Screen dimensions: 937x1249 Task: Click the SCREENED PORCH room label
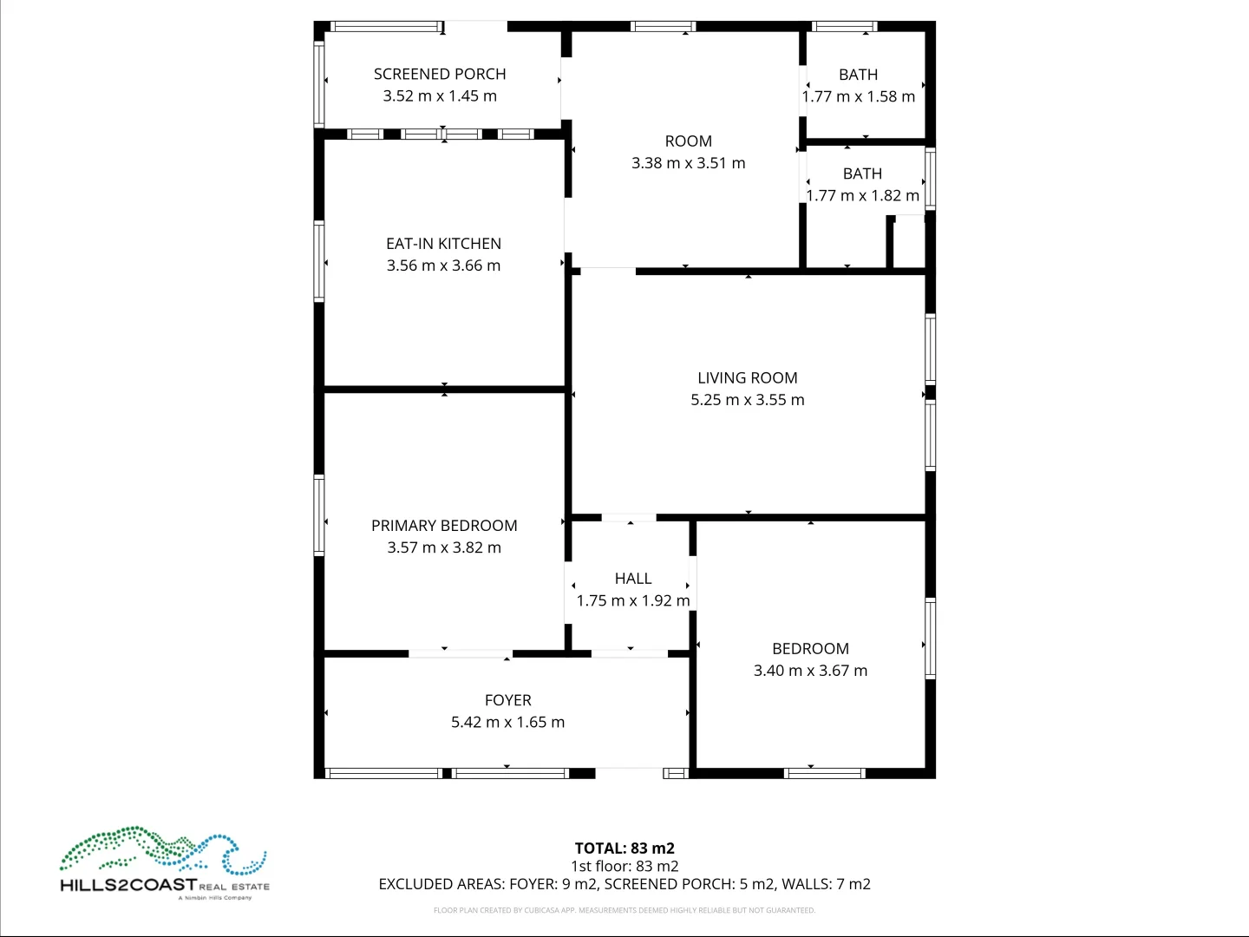[x=440, y=75]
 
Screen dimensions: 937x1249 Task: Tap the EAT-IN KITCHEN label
[x=443, y=244]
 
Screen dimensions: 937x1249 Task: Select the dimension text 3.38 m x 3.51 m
[x=688, y=163]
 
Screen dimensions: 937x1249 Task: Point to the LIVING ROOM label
[x=747, y=378]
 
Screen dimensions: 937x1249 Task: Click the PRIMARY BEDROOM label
[x=444, y=526]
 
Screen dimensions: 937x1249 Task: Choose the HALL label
[x=633, y=579]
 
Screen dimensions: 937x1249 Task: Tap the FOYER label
[x=507, y=700]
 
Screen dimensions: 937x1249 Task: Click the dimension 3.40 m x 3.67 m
[x=810, y=671]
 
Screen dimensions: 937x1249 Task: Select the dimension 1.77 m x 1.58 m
[x=858, y=96]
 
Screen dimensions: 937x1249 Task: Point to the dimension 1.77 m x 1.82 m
[x=862, y=196]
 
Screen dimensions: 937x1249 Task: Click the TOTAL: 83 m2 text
[x=624, y=849]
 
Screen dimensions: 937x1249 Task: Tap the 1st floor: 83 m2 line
[x=624, y=866]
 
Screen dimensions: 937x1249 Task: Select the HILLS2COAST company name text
[x=128, y=886]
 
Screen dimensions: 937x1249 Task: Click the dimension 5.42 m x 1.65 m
[x=507, y=722]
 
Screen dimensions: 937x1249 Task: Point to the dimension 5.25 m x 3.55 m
[x=747, y=400]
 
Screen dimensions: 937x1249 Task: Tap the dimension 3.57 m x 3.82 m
[x=444, y=547]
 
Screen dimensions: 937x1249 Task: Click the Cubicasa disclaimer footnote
[x=624, y=910]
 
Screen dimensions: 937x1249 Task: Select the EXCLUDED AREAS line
[x=624, y=884]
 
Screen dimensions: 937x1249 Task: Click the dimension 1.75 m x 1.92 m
[x=633, y=600]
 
